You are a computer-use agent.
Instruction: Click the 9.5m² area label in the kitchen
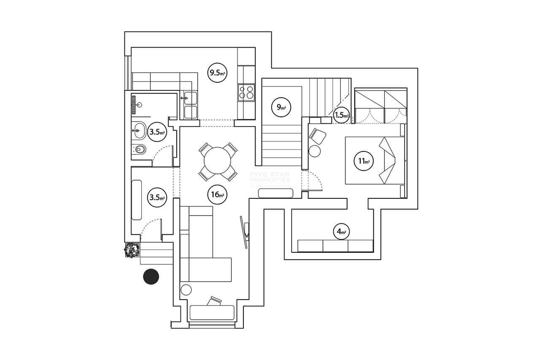pos(217,73)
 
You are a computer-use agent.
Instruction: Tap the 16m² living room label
pos(217,195)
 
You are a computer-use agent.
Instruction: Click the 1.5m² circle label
pos(341,115)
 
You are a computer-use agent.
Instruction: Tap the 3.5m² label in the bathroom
pos(157,132)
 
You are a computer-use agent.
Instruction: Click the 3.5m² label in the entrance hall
pos(157,197)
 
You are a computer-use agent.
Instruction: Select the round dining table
pos(217,160)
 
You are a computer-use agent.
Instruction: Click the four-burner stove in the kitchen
pos(246,92)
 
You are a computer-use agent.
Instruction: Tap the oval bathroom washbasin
pos(139,130)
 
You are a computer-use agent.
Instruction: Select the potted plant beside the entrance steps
pos(132,250)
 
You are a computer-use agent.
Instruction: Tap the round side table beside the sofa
pos(186,290)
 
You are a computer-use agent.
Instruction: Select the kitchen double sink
pos(190,105)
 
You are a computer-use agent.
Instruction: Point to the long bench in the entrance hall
pos(137,200)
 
